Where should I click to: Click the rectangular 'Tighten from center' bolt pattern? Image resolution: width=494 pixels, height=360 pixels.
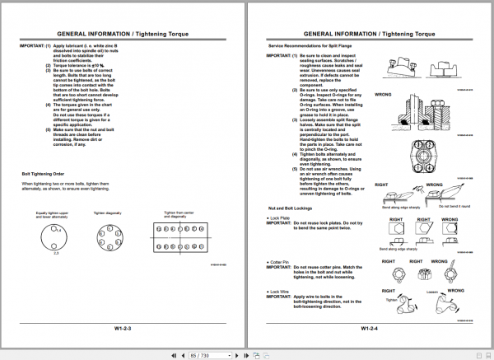[x=179, y=239]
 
